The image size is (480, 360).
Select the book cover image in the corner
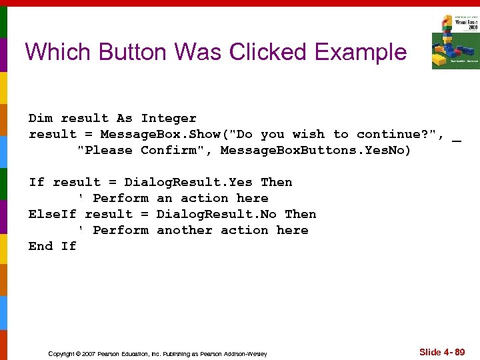455,41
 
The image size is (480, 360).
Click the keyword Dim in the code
40,118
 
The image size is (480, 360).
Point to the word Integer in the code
168,118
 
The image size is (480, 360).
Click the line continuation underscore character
457,135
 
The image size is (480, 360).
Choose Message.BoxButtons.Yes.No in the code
315,150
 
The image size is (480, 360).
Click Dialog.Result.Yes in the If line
188,182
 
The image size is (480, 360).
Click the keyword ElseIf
52,214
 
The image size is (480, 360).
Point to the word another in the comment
184,230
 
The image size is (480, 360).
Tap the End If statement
52,246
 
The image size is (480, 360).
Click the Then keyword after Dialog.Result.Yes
276,182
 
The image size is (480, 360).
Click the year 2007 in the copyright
87,353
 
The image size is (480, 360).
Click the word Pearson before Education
107,353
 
